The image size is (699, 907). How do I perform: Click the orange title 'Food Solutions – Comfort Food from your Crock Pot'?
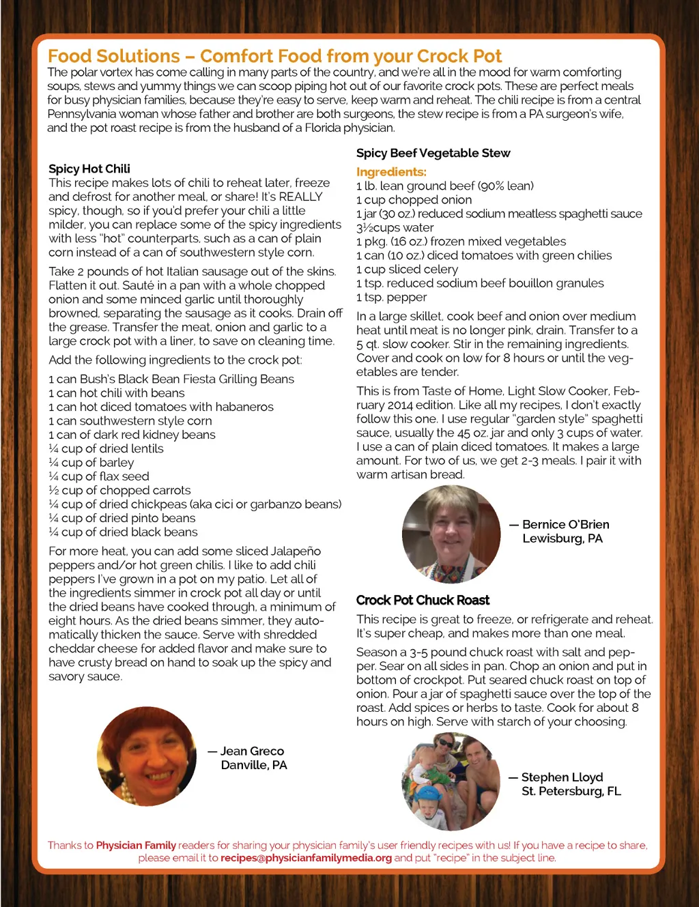(274, 56)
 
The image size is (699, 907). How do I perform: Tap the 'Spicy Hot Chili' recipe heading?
(89, 169)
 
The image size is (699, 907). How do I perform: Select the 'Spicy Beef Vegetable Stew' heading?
(433, 153)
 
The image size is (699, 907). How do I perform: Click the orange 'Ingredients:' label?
(391, 172)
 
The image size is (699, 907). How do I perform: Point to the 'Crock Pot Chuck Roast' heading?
(423, 600)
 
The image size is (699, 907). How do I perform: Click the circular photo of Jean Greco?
(147, 756)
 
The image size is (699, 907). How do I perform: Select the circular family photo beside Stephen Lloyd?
(451, 781)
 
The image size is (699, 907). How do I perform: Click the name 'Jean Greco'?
(251, 751)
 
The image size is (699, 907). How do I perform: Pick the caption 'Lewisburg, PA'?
(562, 538)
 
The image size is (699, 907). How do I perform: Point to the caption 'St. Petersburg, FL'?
(571, 791)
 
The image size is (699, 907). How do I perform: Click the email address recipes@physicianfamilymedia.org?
(306, 858)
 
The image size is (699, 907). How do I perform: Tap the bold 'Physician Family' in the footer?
(136, 845)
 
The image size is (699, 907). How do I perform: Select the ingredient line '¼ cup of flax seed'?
(99, 476)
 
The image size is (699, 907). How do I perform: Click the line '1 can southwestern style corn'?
(130, 420)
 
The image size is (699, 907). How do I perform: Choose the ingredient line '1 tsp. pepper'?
(391, 297)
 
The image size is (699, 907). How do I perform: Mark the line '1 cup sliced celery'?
(407, 269)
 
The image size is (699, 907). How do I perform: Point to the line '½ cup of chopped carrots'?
(119, 490)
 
